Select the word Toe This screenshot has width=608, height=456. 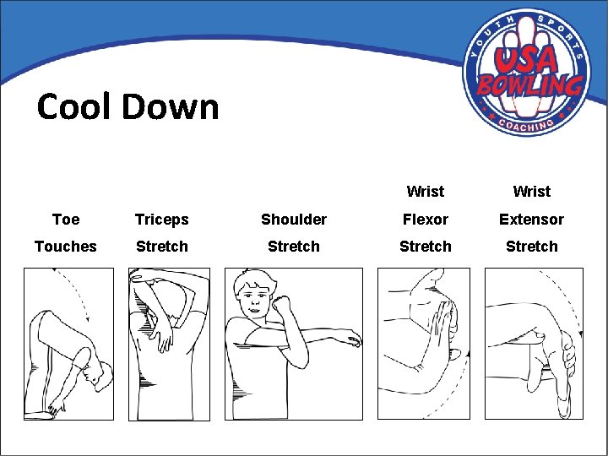(x=66, y=220)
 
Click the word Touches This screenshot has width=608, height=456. (x=66, y=247)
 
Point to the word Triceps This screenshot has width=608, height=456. (x=161, y=220)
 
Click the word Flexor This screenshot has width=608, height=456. (x=425, y=220)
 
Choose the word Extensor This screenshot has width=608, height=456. (x=531, y=220)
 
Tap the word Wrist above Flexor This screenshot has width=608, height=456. (x=425, y=192)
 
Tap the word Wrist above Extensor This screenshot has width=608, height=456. (x=531, y=192)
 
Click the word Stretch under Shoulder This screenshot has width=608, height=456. (x=293, y=247)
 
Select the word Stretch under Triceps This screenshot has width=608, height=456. (x=161, y=247)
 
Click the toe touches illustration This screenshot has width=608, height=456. (x=68, y=344)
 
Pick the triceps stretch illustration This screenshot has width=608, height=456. (x=168, y=344)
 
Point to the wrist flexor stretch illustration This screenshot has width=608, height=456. (x=422, y=344)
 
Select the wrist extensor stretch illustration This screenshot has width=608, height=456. (x=534, y=344)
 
